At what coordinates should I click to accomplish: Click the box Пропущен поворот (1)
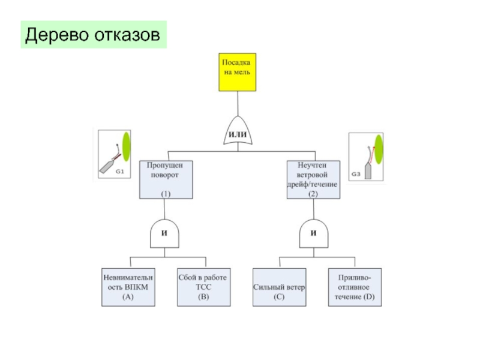[x=166, y=179]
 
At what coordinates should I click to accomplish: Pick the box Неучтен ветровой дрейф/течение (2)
[x=313, y=179]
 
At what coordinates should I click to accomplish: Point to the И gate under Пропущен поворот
[x=163, y=233]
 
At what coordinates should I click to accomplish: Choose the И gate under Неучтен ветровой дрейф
[x=313, y=233]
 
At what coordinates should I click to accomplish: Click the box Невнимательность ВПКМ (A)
[x=128, y=286]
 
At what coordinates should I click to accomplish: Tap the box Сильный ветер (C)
[x=279, y=286]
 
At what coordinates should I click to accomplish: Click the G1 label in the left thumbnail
[x=119, y=171]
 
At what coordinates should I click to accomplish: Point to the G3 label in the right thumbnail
[x=355, y=174]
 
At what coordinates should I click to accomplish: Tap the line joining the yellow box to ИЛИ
[x=239, y=102]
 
